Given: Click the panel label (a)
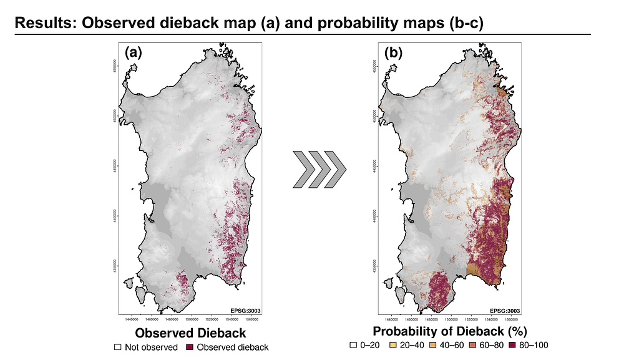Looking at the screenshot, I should pos(134,54).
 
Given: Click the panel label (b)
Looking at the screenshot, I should pos(394,54).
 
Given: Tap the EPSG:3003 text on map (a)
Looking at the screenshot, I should pos(245,310).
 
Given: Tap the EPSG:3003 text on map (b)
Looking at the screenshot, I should pos(505,310).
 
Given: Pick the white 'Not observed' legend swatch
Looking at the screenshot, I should pos(117,347).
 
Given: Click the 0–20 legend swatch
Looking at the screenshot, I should pos(353,344).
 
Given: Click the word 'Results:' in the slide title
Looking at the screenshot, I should pos(45,24).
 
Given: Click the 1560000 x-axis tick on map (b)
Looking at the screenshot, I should pos(499,318).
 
